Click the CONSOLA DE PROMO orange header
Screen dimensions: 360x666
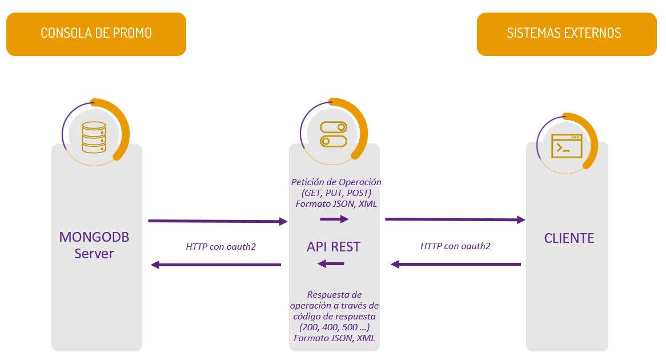tap(96, 34)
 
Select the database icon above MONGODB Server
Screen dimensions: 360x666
tap(94, 136)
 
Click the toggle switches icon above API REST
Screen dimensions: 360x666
tap(333, 134)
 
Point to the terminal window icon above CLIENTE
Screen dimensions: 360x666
tap(566, 146)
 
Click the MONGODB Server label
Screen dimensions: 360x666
tap(94, 245)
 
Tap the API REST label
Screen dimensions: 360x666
tap(334, 246)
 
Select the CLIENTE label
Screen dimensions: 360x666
tap(569, 238)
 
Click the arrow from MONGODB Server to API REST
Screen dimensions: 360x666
tap(217, 221)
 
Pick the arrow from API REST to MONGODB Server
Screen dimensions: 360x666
tap(216, 265)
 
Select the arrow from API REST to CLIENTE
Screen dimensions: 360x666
tap(455, 219)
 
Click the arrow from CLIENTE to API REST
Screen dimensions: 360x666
tap(456, 264)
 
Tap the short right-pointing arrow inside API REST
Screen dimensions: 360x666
tap(334, 219)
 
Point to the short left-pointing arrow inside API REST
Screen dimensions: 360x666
tap(331, 263)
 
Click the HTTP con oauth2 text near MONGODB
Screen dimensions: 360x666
tap(220, 247)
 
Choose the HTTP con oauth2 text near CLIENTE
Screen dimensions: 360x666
tap(455, 246)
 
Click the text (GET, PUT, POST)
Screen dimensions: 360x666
tap(336, 193)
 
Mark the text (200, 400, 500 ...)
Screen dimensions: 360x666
tap(335, 327)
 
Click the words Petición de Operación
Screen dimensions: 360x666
tap(336, 182)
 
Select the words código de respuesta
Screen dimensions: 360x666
tap(335, 316)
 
